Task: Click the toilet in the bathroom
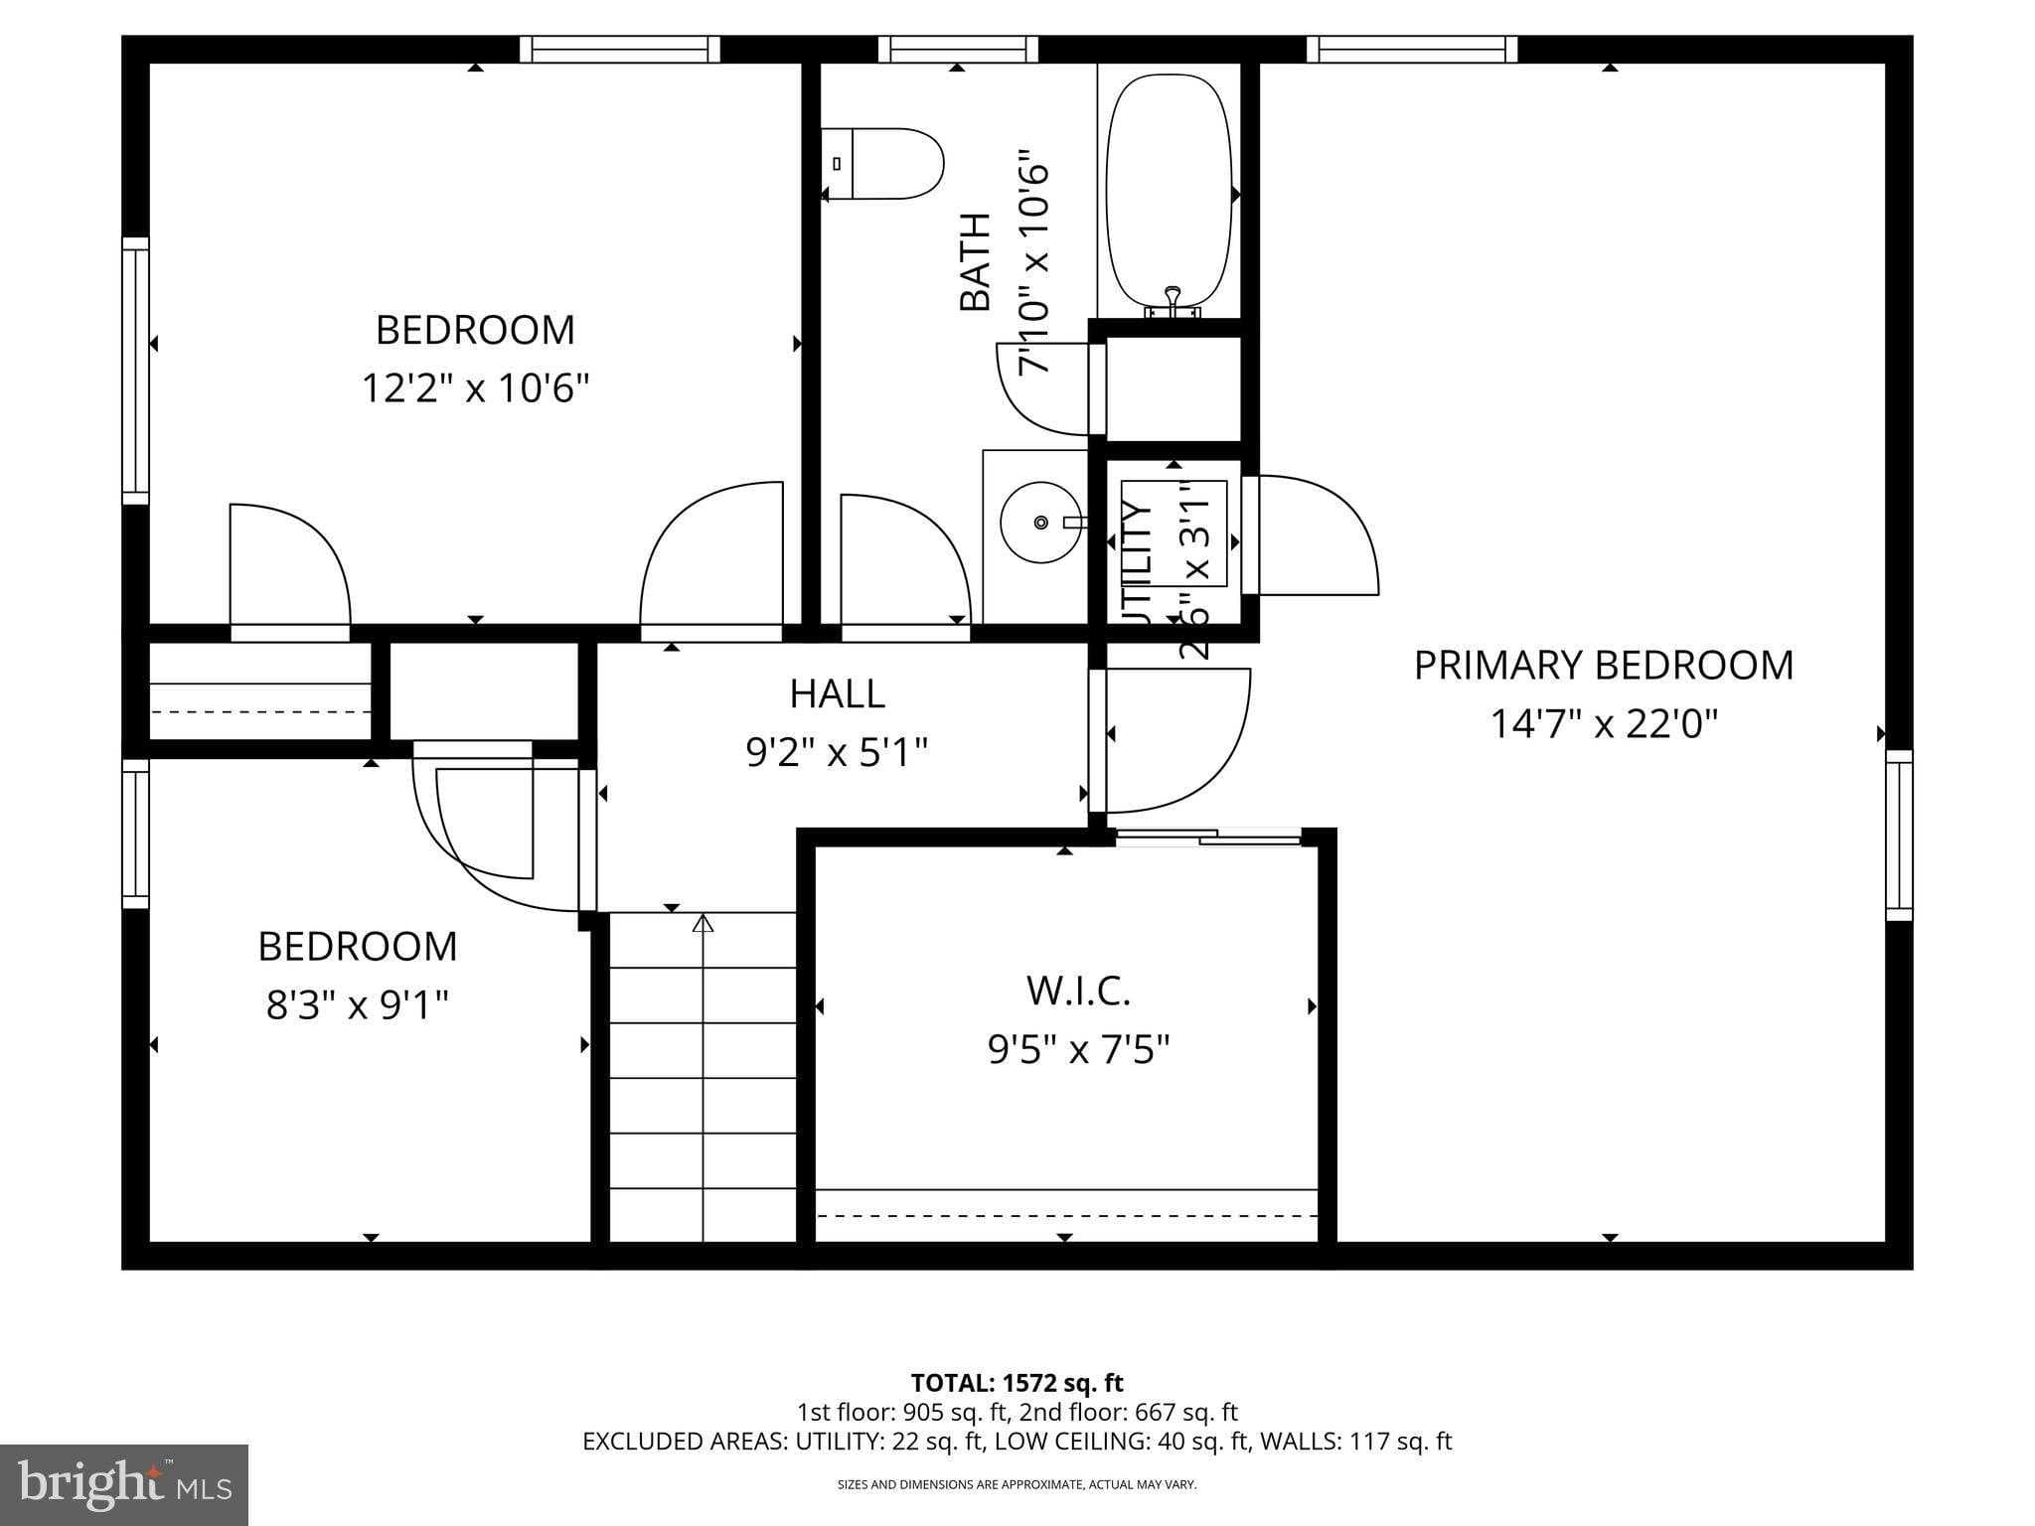click(882, 164)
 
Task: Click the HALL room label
click(837, 693)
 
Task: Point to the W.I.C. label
click(1078, 991)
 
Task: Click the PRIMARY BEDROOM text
click(1603, 665)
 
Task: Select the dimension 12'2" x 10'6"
click(475, 387)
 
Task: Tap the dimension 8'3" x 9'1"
click(357, 1005)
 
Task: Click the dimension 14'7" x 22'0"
click(1603, 723)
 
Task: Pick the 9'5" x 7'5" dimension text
click(1078, 1049)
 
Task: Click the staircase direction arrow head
click(703, 924)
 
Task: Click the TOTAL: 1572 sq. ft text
click(1017, 1383)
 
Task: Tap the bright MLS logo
click(124, 1484)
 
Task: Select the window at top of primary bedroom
click(1411, 49)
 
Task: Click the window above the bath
click(957, 49)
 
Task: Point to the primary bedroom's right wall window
click(1899, 835)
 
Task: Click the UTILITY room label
click(1137, 562)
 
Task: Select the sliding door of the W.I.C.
click(1207, 838)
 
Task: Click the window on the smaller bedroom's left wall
click(135, 834)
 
